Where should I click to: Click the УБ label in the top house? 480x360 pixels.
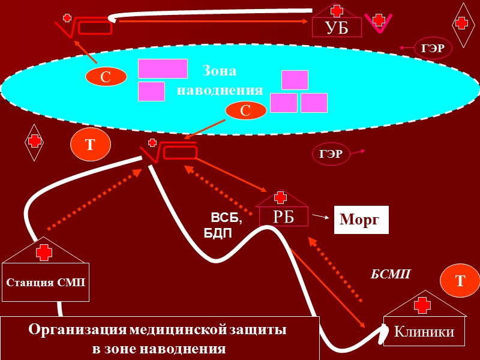tap(336, 28)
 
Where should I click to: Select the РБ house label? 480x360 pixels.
tap(284, 217)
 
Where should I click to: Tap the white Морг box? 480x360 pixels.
tap(361, 220)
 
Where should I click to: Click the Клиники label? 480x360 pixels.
tap(424, 332)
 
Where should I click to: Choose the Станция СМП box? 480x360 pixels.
tap(46, 281)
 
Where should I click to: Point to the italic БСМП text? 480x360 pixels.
tap(390, 274)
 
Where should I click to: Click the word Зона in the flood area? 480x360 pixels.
tap(220, 71)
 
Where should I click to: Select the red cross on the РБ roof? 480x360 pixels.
tap(280, 198)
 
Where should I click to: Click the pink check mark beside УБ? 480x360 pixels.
tap(379, 22)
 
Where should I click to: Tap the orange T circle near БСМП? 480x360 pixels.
tap(460, 281)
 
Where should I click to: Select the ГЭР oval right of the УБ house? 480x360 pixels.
tap(432, 49)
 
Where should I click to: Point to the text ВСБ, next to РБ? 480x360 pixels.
tap(226, 217)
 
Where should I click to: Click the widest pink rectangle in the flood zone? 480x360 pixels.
tap(163, 68)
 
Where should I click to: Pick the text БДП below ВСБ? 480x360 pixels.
tap(218, 232)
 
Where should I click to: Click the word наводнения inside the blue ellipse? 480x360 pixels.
tap(220, 91)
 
